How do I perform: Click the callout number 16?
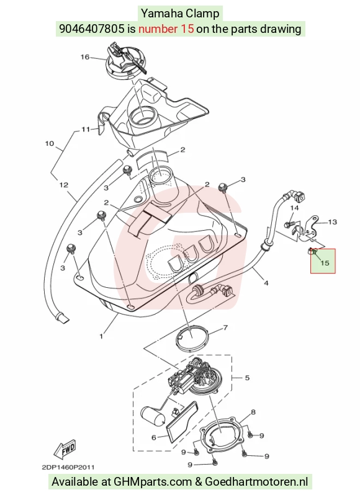tap(85, 57)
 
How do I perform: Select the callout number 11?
tap(86, 129)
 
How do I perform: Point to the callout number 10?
tap(50, 144)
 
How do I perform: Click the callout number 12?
tap(64, 185)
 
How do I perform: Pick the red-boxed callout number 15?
tap(325, 262)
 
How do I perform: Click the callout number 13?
tap(333, 222)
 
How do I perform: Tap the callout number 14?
tap(294, 208)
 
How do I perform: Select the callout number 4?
tap(266, 283)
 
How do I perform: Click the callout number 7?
tap(225, 328)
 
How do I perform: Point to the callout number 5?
tap(247, 378)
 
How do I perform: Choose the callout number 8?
tap(253, 412)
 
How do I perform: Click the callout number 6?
tap(154, 437)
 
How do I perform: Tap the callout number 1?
tap(101, 337)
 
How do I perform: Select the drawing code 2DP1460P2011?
tap(68, 467)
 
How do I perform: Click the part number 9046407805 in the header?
tap(92, 29)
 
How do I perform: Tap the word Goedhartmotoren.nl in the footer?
tap(256, 482)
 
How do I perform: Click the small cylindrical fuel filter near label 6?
tap(153, 416)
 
